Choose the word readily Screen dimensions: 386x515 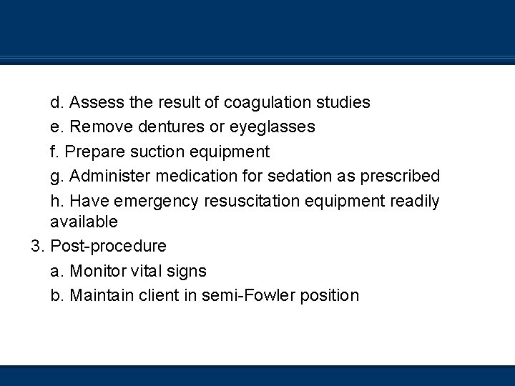tap(415, 201)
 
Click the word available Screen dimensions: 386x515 tap(84, 222)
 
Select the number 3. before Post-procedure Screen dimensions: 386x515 tap(38, 247)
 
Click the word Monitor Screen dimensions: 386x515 tap(99, 271)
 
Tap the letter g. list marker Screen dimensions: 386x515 tap(57, 176)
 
